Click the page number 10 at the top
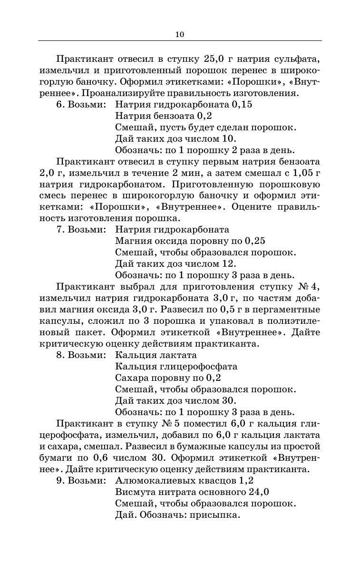(179, 34)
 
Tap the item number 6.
(59, 105)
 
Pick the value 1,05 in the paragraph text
(300, 173)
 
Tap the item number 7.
(59, 230)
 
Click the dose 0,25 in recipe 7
(255, 241)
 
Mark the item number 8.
(59, 355)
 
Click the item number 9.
(59, 481)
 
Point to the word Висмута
(134, 492)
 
